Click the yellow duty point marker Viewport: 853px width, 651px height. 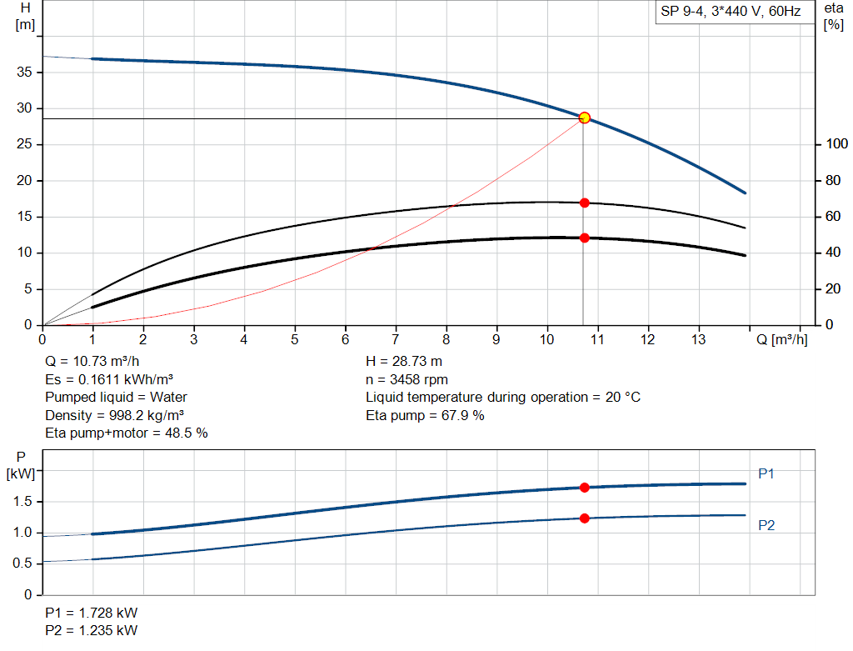[584, 118]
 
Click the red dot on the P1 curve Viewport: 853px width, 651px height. [584, 488]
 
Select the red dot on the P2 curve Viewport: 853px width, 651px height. [584, 518]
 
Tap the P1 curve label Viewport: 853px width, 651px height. [766, 473]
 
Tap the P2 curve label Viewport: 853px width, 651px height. [767, 525]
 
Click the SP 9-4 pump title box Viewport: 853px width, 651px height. [731, 13]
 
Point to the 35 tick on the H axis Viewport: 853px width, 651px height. [25, 73]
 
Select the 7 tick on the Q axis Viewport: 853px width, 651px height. [396, 339]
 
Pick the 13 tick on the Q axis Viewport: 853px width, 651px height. [698, 339]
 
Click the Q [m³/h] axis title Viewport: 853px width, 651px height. [781, 340]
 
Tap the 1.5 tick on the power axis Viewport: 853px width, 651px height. [24, 501]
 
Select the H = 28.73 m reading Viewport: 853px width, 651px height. [404, 362]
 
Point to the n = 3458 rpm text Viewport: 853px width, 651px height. [407, 379]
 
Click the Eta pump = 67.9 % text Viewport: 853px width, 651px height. [425, 415]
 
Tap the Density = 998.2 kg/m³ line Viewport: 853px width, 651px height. [115, 415]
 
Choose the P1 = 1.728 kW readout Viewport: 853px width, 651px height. [92, 613]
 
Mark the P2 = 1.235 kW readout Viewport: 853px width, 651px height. [92, 630]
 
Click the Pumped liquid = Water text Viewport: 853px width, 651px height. [117, 397]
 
